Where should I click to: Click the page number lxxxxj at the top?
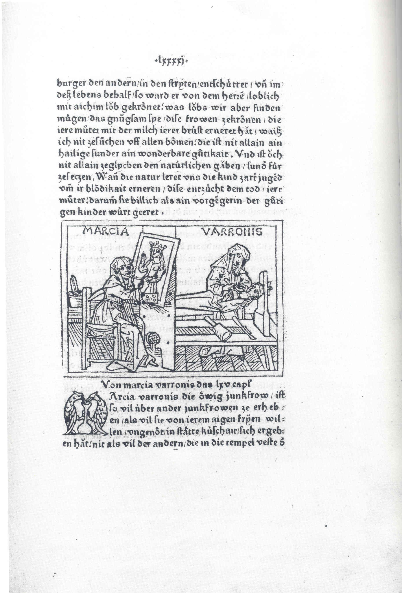(x=170, y=61)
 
